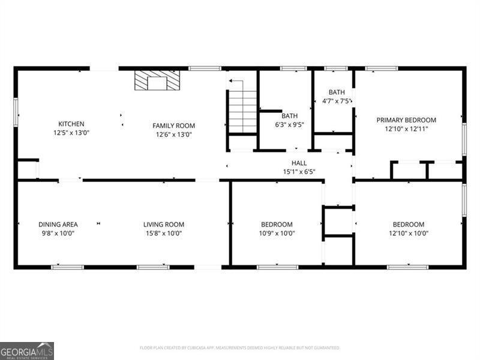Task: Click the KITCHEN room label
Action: (71, 124)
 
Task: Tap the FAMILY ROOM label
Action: (173, 126)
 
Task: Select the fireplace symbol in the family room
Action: (157, 81)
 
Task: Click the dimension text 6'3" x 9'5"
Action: (290, 125)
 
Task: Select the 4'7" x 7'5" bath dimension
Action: (337, 101)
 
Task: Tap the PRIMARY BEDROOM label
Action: (406, 120)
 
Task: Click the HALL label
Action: (299, 163)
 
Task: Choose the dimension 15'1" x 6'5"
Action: (299, 172)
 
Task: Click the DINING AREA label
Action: (58, 224)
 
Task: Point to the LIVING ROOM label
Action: (163, 224)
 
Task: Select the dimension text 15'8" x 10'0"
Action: (163, 233)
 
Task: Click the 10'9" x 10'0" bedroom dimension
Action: (276, 233)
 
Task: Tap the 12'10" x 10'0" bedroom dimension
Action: (408, 233)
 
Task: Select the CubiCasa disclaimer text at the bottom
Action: (240, 348)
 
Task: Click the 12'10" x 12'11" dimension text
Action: (406, 129)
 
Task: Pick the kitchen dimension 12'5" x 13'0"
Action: (71, 133)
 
